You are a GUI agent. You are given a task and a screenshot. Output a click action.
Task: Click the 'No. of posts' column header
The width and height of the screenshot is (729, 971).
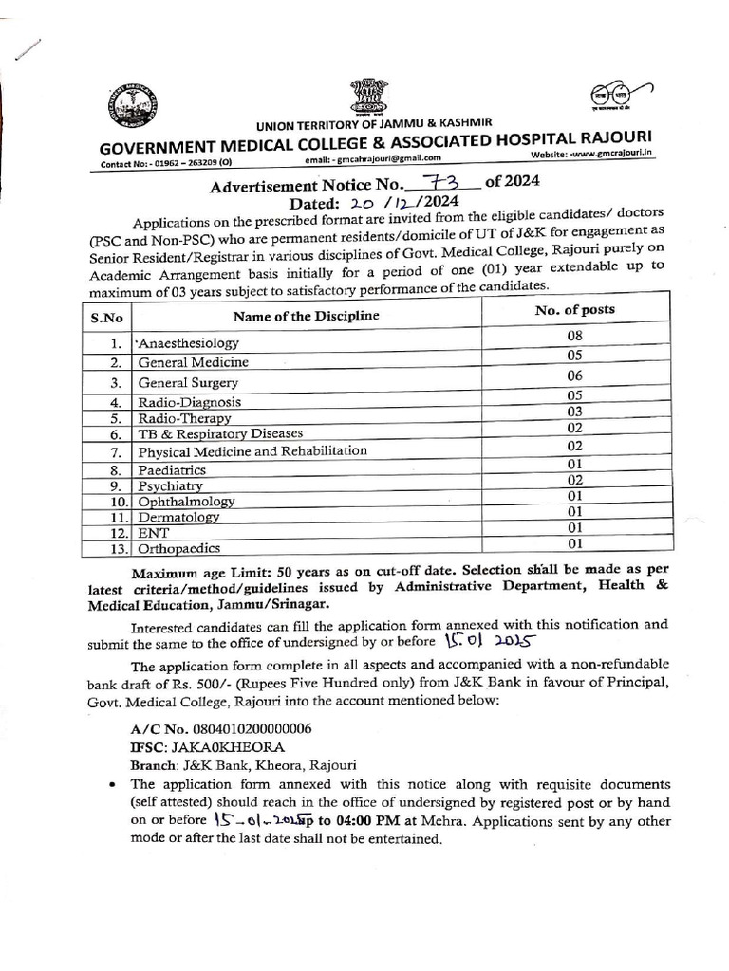[x=574, y=310]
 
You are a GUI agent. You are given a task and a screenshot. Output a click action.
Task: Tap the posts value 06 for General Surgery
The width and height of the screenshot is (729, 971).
[x=573, y=376]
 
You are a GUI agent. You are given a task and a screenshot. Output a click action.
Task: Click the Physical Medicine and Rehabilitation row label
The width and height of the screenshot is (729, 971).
[x=252, y=450]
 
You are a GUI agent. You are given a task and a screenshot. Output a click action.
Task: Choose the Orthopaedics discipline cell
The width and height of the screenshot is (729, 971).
[x=179, y=548]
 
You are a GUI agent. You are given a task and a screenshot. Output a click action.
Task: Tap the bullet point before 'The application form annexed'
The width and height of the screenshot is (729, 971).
[x=113, y=785]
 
